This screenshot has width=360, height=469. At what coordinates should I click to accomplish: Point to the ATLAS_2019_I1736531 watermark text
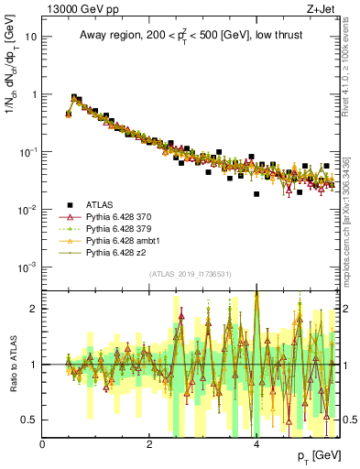click(190, 274)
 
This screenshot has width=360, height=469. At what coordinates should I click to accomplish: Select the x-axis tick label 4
click(256, 444)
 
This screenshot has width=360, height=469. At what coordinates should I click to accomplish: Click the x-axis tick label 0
click(43, 444)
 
